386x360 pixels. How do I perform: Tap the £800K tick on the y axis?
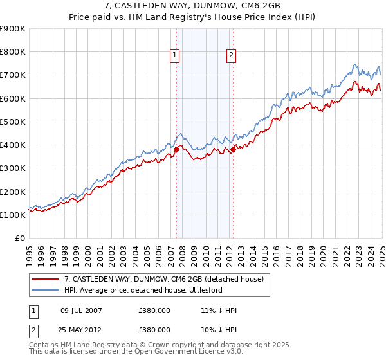click(x=14, y=52)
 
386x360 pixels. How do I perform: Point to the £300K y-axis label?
click(x=14, y=168)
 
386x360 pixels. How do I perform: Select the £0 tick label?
click(x=19, y=239)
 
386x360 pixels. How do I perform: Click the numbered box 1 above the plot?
click(x=175, y=56)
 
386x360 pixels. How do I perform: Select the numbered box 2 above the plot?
click(x=230, y=56)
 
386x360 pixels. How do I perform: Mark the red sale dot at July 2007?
click(x=176, y=149)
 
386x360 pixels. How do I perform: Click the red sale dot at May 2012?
click(x=233, y=149)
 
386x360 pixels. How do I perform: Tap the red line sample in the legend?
click(x=45, y=280)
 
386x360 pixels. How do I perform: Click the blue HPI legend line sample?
click(x=45, y=291)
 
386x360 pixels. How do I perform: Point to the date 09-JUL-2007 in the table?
click(x=81, y=311)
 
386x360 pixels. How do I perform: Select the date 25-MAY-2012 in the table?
click(x=81, y=329)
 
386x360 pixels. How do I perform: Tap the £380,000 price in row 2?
click(x=154, y=329)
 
